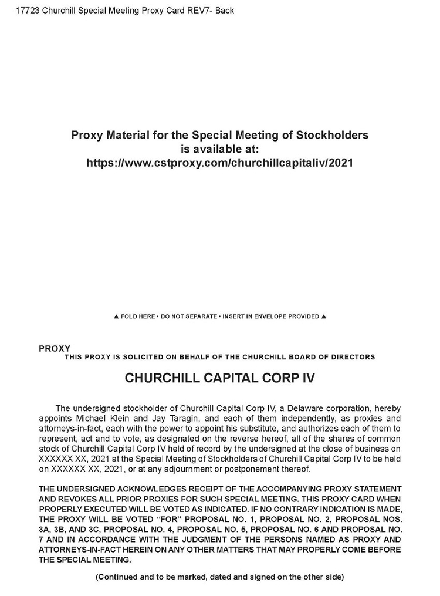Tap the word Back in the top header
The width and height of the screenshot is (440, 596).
tap(224, 10)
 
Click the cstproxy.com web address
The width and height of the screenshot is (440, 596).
tap(219, 163)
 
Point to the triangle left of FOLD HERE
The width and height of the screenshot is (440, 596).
tap(116, 316)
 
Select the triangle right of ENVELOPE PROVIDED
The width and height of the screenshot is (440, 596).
tap(323, 316)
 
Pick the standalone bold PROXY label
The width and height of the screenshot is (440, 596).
tap(55, 348)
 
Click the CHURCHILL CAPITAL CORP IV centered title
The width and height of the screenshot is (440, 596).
tap(219, 378)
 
